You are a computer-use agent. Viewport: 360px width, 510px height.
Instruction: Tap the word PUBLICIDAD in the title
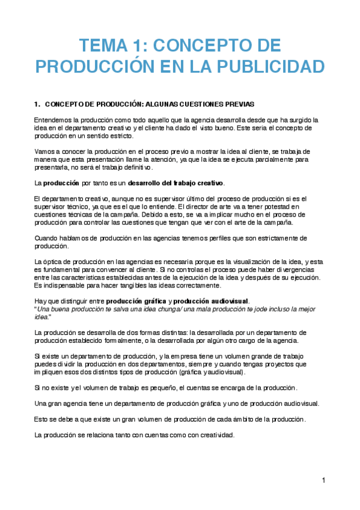[267, 66]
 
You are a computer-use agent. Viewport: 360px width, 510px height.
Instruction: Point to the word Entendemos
[53, 120]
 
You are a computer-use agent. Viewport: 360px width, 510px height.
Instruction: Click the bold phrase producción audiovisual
[210, 301]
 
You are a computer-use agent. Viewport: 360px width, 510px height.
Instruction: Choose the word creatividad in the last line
[214, 434]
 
